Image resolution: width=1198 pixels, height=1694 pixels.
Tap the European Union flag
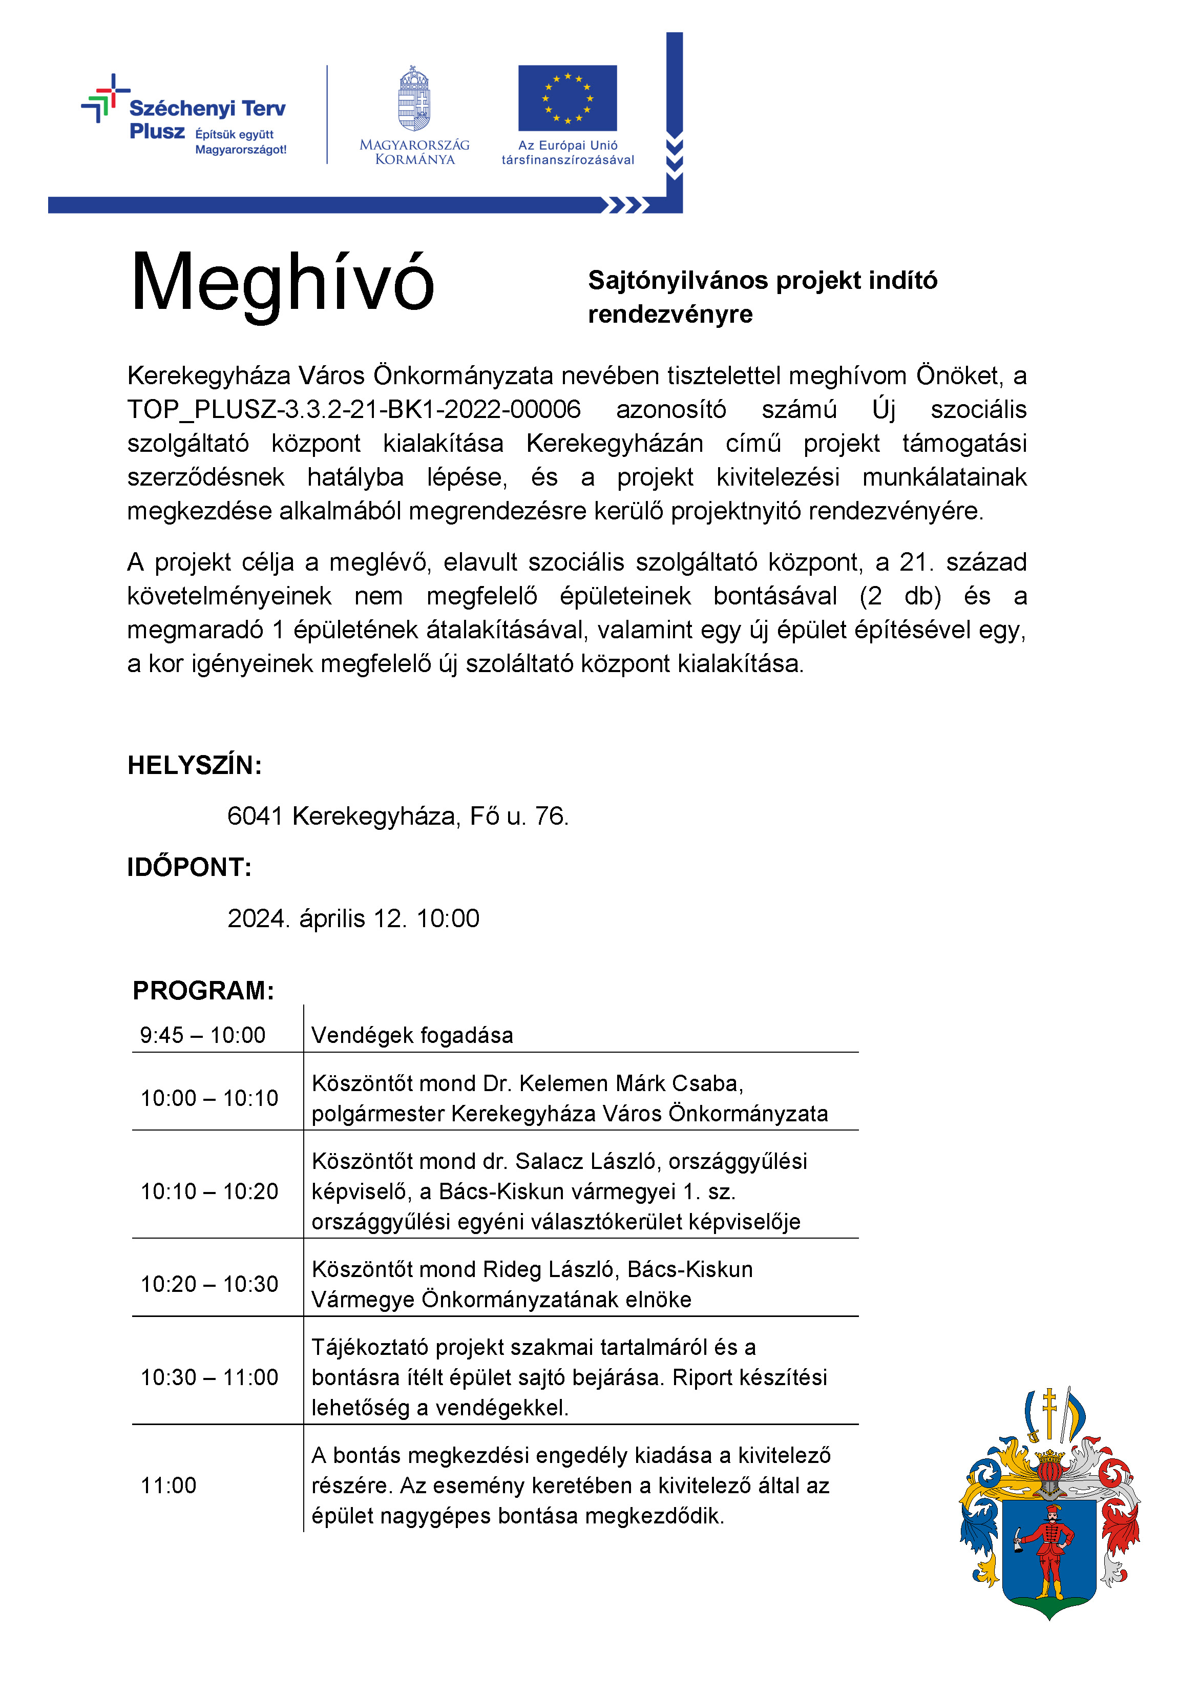[x=568, y=98]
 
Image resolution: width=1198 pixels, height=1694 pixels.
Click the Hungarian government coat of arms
[x=414, y=99]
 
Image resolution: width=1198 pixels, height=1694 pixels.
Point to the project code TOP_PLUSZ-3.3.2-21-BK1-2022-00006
[x=354, y=409]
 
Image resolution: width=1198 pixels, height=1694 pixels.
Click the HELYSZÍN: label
[x=195, y=765]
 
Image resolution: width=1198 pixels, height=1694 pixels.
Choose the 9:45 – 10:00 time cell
[x=203, y=1035]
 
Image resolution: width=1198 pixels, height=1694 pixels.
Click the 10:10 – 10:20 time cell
[x=209, y=1191]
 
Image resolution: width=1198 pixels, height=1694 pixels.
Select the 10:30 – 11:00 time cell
[x=209, y=1377]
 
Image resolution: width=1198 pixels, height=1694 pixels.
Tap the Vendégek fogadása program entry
[x=412, y=1035]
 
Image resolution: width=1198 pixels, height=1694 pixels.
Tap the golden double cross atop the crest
[x=1049, y=1409]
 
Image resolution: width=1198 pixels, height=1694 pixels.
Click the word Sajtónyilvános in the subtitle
[x=678, y=280]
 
